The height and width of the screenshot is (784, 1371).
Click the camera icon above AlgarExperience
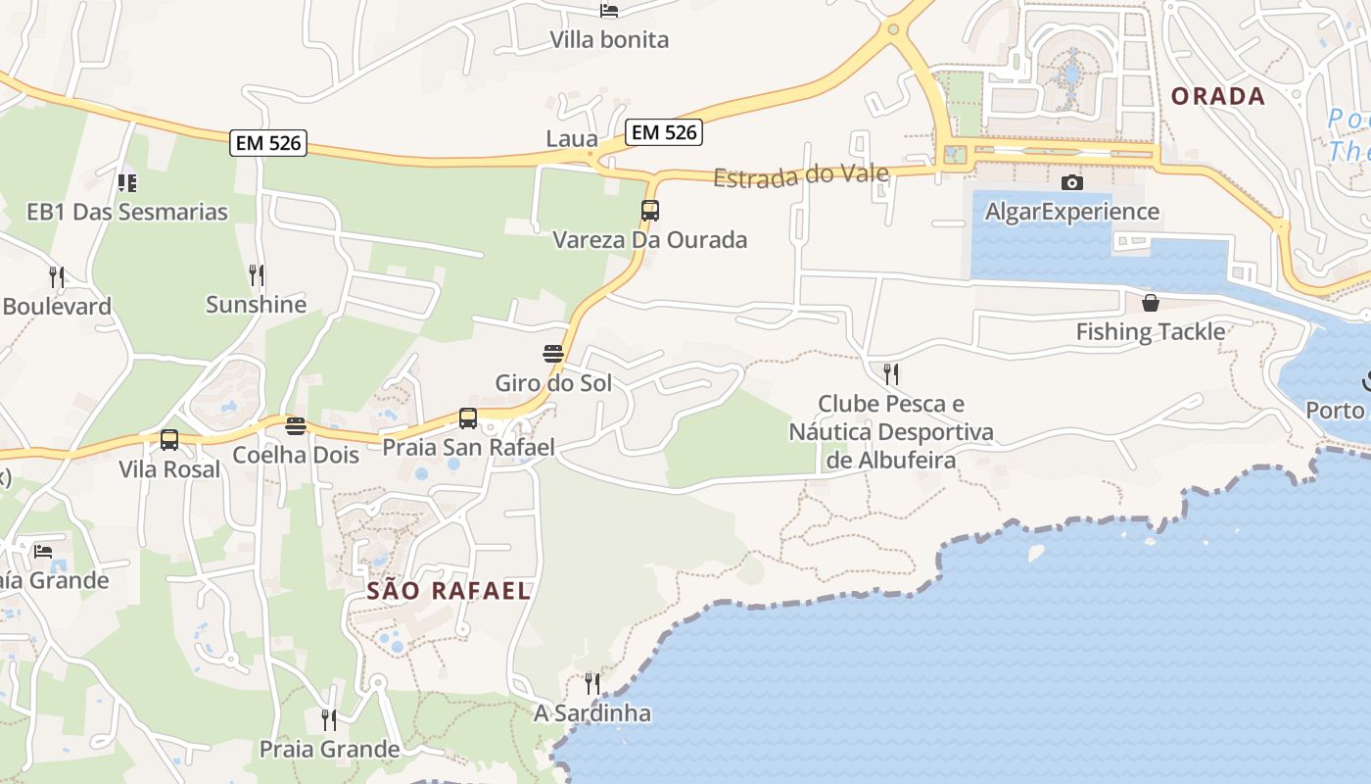(x=1072, y=182)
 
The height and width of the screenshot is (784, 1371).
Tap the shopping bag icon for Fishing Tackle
(x=1151, y=303)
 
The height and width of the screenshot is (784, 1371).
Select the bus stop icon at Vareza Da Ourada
(x=650, y=210)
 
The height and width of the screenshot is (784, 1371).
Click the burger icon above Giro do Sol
(x=553, y=353)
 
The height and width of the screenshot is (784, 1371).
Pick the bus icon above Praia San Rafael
(x=468, y=418)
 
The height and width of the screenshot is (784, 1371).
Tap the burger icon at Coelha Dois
(x=296, y=425)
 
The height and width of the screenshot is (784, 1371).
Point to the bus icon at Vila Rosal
(x=169, y=440)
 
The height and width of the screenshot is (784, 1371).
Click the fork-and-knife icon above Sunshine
(x=257, y=274)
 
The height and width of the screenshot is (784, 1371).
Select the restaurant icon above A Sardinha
(x=592, y=683)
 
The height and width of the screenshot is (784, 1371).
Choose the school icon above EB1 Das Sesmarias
(x=127, y=182)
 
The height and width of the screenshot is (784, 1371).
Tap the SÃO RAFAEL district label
(x=449, y=590)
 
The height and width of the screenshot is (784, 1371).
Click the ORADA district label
(x=1218, y=96)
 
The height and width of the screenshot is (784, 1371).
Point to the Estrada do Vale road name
(x=801, y=176)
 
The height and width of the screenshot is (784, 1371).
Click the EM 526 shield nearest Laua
(x=664, y=132)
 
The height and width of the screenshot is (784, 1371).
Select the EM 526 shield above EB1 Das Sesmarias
(x=269, y=143)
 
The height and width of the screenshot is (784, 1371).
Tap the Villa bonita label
(x=609, y=40)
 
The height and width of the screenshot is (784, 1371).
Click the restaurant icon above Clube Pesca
(x=891, y=373)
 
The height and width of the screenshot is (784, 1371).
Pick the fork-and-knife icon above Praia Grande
(x=329, y=720)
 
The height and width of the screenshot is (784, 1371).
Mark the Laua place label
(x=572, y=139)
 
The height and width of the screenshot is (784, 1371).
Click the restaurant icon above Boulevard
(x=57, y=277)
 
